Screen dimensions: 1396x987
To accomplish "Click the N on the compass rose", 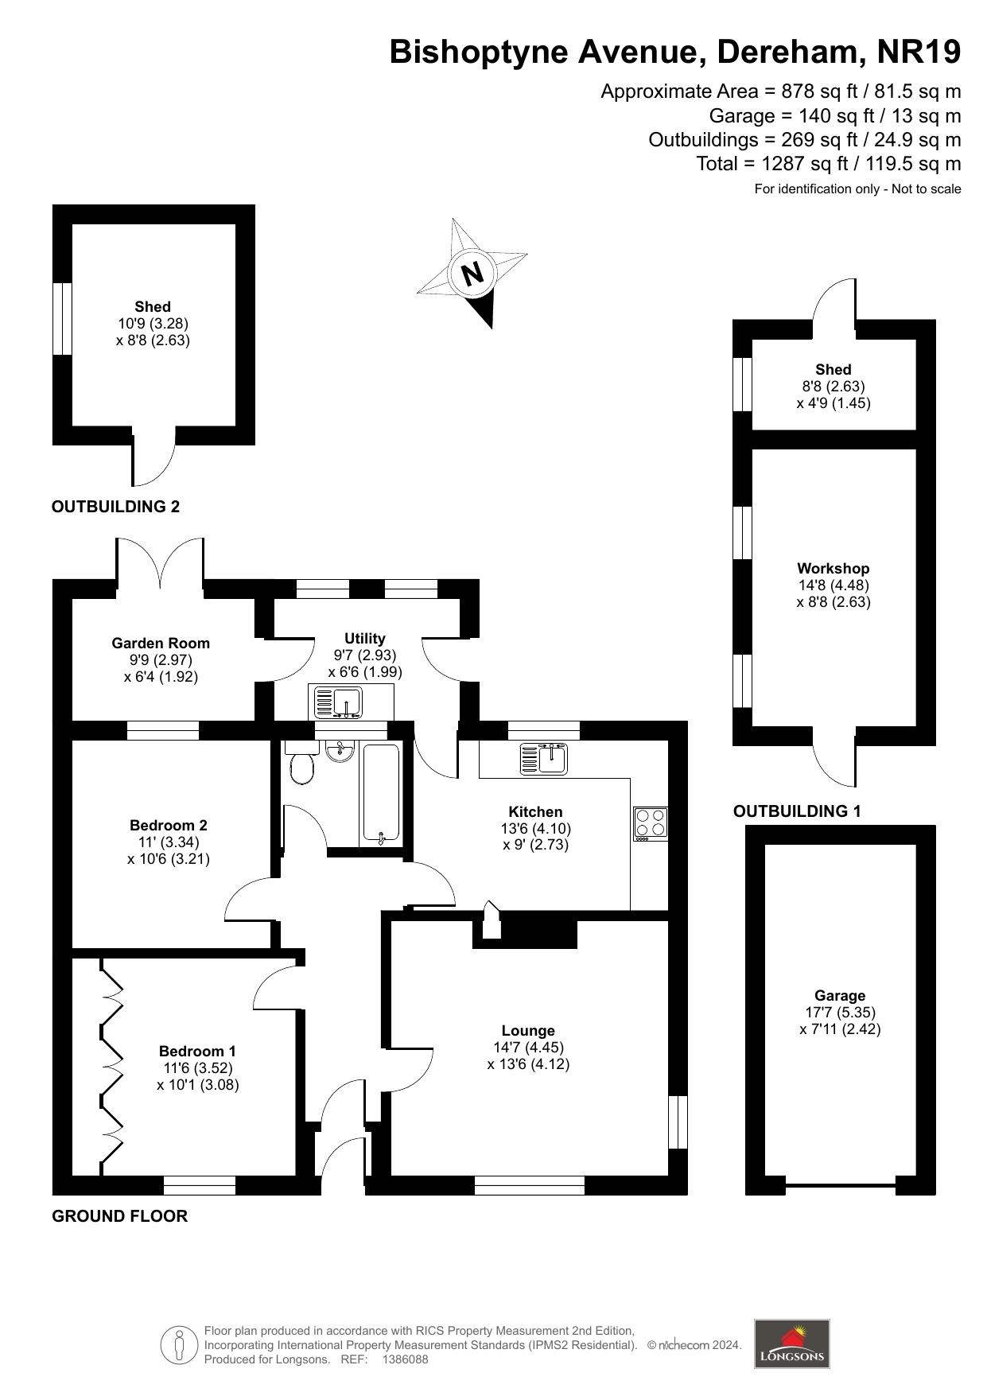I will click(x=472, y=274).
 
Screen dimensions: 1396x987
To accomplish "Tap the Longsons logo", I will click(x=791, y=1344).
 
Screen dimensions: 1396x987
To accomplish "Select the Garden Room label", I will click(x=161, y=643).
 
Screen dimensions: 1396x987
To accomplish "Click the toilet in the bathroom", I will click(x=301, y=768).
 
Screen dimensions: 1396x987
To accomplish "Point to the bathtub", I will click(x=382, y=792).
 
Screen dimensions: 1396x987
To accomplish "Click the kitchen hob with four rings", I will click(x=651, y=822).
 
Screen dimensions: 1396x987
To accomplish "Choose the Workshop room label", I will click(x=833, y=568).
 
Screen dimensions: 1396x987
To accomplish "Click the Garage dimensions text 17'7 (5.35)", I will click(x=840, y=1012).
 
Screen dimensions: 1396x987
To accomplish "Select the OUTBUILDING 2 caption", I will click(x=116, y=507).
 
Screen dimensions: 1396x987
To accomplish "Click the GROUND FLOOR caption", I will click(x=120, y=1215).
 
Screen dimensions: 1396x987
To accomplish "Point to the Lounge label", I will click(x=528, y=1030).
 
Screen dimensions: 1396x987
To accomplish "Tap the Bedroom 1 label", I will click(x=197, y=1051).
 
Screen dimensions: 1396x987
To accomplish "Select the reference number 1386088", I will click(x=405, y=1359).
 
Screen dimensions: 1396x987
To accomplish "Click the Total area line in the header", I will click(x=828, y=164).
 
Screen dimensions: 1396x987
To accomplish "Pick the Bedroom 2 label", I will click(x=169, y=825).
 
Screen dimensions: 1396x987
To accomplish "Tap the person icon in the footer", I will click(x=179, y=1344).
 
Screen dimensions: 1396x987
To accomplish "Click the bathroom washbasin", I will click(x=341, y=750).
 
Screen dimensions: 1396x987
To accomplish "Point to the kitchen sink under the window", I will click(x=543, y=757).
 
